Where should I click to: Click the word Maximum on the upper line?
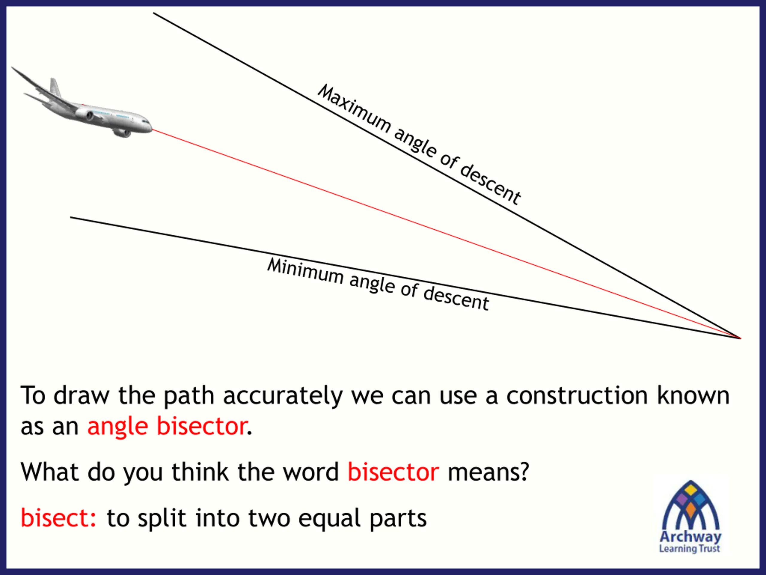pyautogui.click(x=354, y=109)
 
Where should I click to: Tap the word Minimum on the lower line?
pyautogui.click(x=306, y=271)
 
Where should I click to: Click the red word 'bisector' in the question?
pyautogui.click(x=393, y=472)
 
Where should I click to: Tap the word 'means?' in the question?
pyautogui.click(x=488, y=472)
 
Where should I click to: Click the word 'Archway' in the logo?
pyautogui.click(x=691, y=537)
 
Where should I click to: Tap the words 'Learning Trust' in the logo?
pyautogui.click(x=689, y=549)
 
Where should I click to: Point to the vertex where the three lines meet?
pyautogui.click(x=740, y=338)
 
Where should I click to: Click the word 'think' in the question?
pyautogui.click(x=200, y=472)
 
